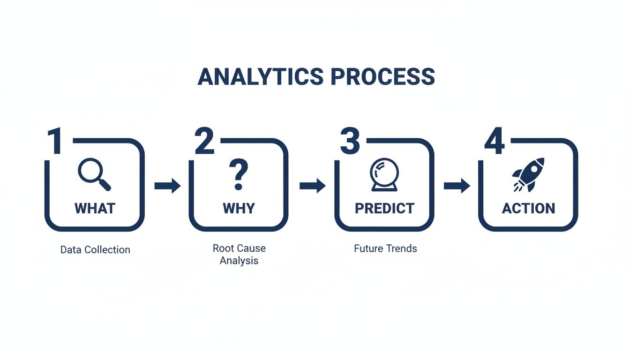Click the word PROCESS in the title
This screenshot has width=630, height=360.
tap(383, 77)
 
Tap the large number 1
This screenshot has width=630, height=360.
tap(55, 140)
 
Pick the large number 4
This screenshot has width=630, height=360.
tap(494, 140)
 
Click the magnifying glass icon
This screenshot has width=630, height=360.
tap(94, 174)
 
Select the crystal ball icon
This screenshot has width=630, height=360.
tap(384, 175)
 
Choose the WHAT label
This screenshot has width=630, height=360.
tap(95, 208)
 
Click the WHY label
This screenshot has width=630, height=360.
tap(239, 208)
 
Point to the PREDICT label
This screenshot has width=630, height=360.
tap(384, 208)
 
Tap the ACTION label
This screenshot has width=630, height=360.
tap(528, 208)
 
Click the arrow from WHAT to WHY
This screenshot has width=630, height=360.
tap(167, 186)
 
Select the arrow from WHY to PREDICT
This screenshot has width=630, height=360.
tap(312, 186)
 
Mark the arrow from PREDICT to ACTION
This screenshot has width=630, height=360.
tap(457, 186)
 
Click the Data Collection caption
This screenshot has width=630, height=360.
tap(95, 250)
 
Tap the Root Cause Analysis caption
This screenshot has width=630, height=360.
tap(239, 254)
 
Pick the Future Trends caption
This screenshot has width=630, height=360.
tap(385, 248)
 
